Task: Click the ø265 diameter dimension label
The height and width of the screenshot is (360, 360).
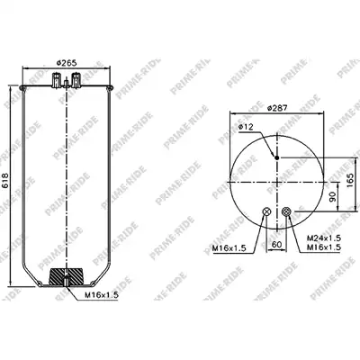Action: pos(67,63)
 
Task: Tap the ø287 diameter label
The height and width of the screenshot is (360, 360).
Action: pos(277,108)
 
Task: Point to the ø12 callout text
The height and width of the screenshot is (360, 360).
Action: pos(246,127)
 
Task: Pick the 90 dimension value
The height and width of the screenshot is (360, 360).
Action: pos(332,197)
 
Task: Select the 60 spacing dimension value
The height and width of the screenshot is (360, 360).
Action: pos(276,244)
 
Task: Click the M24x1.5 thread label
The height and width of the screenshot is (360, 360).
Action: pos(324,238)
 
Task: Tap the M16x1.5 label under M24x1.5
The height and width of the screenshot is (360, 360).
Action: pos(324,247)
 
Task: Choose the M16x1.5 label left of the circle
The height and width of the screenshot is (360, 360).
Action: pos(229,247)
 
